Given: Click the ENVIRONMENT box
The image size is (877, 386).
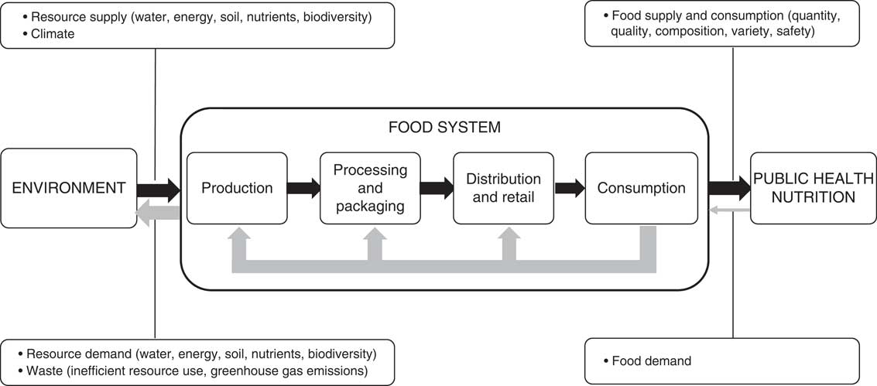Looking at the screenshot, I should point(69,188).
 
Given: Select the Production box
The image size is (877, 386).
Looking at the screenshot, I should point(237,188).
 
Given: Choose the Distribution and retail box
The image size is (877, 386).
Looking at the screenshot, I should point(503,188).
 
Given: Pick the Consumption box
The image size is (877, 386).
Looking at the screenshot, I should point(641,188).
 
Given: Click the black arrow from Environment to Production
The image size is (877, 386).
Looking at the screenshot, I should point(158,188).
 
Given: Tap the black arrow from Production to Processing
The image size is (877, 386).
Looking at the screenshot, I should point(303,188).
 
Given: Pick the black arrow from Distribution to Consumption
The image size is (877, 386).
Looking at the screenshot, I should point(570,188).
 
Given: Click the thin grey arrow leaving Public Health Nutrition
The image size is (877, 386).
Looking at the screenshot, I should point(730,210).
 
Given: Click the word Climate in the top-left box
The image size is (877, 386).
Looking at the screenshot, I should point(53,34).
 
